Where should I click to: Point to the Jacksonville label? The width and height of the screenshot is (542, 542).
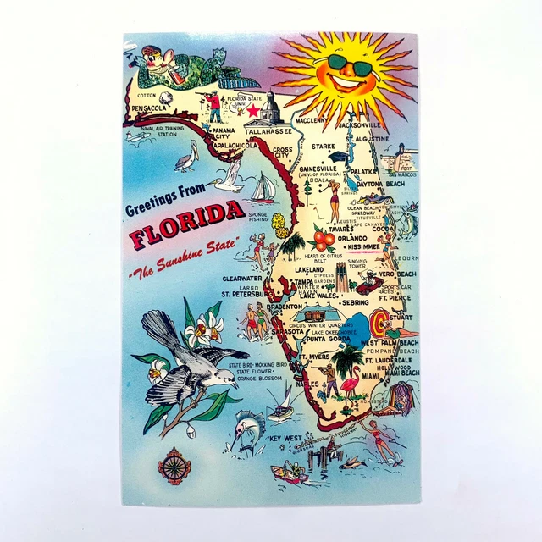(x=360, y=125)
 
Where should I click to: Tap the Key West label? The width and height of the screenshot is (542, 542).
(x=286, y=437)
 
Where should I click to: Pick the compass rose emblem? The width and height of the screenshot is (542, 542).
(x=174, y=464)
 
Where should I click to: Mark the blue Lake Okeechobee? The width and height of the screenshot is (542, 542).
(x=346, y=325)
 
